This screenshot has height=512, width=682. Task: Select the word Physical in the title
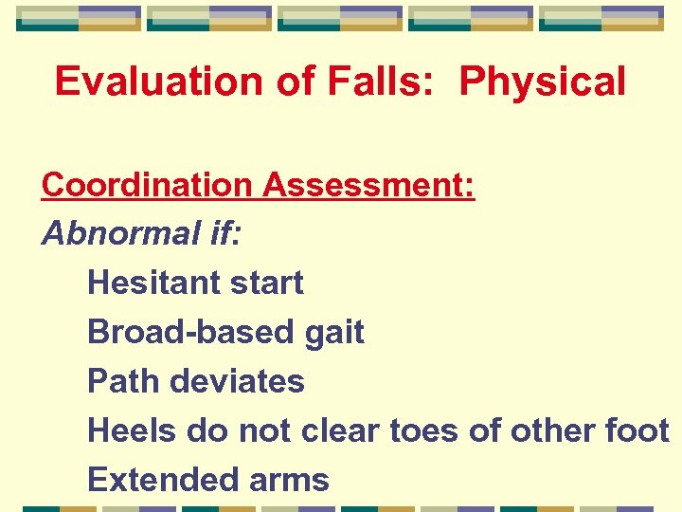(542, 82)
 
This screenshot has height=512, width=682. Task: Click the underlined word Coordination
(147, 185)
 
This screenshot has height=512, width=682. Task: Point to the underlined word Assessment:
(368, 185)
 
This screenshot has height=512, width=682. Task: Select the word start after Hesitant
(262, 283)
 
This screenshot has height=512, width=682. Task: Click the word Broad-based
(189, 332)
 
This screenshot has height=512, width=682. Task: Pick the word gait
(332, 333)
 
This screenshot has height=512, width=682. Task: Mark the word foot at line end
(638, 430)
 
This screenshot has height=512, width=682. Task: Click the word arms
(283, 480)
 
